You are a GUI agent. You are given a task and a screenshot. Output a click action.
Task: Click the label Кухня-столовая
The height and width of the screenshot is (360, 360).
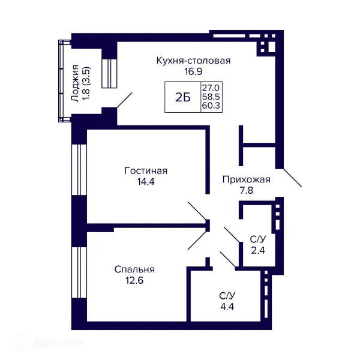tap(193, 61)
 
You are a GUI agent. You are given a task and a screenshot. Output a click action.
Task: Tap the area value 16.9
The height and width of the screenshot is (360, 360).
tap(193, 71)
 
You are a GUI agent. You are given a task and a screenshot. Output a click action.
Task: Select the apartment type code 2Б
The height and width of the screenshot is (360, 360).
tap(183, 98)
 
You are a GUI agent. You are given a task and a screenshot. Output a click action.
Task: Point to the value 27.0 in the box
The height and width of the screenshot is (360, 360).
tap(211, 88)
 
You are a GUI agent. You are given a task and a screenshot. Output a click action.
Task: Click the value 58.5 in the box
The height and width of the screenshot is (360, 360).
tap(211, 97)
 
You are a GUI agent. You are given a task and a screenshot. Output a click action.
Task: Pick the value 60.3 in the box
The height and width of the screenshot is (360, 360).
tap(211, 106)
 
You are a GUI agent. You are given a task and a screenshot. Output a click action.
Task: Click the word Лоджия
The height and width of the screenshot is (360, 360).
tap(76, 83)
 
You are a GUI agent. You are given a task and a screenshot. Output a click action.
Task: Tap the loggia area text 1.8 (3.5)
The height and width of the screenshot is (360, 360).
tap(87, 83)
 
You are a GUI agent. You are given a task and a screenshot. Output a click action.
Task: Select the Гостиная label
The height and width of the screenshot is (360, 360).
tap(146, 171)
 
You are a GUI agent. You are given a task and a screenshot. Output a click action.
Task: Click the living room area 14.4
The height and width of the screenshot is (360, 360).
tap(146, 182)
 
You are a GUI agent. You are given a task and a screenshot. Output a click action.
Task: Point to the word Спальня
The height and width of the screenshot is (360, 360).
tap(134, 269)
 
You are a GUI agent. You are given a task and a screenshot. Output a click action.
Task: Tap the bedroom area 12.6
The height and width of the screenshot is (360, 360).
tap(134, 280)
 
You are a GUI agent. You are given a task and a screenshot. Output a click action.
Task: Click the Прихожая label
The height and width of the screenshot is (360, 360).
tap(247, 179)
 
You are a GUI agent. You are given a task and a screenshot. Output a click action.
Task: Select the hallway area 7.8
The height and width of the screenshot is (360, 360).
tap(247, 191)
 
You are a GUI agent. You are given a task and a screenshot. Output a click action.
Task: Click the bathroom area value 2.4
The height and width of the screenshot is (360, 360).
tap(258, 250)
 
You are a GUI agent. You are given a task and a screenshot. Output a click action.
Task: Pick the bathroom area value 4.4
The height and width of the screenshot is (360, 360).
tap(227, 307)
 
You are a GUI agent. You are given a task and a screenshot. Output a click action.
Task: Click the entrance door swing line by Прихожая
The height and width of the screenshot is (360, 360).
tap(292, 178)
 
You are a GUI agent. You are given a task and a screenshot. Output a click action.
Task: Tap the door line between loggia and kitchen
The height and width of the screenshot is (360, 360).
tap(124, 100)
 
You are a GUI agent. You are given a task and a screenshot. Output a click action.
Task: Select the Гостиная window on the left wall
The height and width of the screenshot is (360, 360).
tap(79, 170)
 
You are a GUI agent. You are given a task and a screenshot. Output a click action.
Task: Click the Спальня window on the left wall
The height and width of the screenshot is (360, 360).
tap(79, 272)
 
